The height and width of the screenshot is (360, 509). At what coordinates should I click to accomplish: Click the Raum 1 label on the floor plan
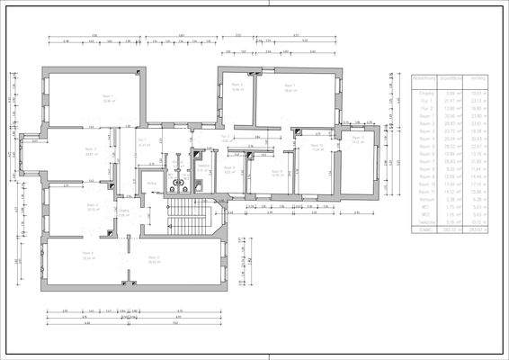[109, 97]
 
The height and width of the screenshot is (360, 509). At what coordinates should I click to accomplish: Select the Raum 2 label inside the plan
[90, 150]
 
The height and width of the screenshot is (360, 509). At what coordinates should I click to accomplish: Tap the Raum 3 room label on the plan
[93, 205]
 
